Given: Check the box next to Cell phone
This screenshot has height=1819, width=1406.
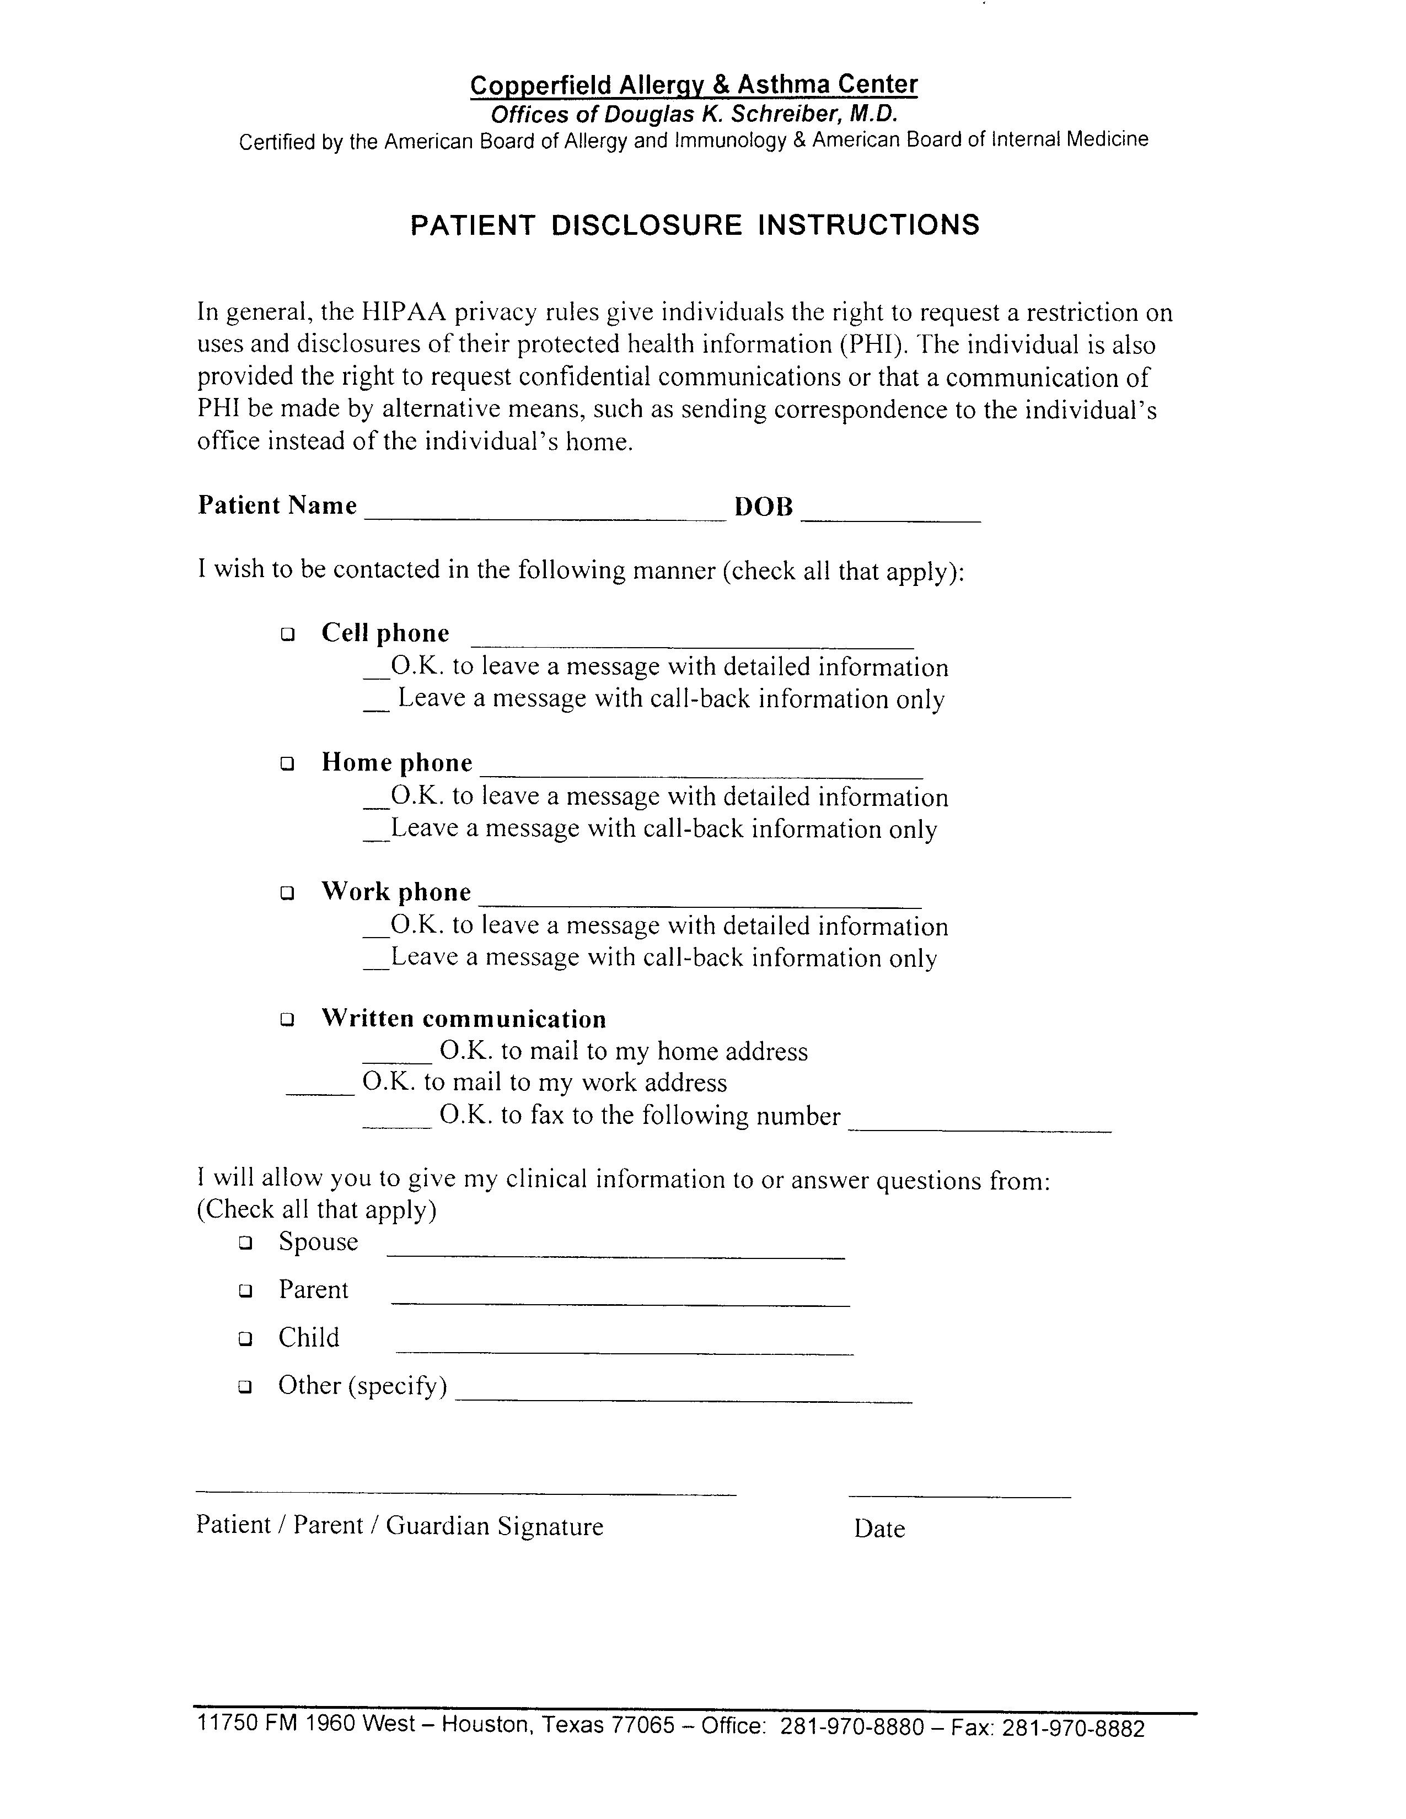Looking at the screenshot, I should pyautogui.click(x=287, y=634).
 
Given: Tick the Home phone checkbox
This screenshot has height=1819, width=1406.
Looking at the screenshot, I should pyautogui.click(x=287, y=763).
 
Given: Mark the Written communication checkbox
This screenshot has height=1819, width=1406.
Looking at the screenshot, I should pyautogui.click(x=287, y=1019).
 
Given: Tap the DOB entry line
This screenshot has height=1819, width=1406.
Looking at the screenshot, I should pyautogui.click(x=890, y=515).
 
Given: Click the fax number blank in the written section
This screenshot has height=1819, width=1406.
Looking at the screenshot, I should pyautogui.click(x=980, y=1124).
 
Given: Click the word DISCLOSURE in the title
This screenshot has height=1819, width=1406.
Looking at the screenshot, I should pyautogui.click(x=646, y=225).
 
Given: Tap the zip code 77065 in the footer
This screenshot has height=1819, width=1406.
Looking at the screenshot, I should pyautogui.click(x=642, y=1725).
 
